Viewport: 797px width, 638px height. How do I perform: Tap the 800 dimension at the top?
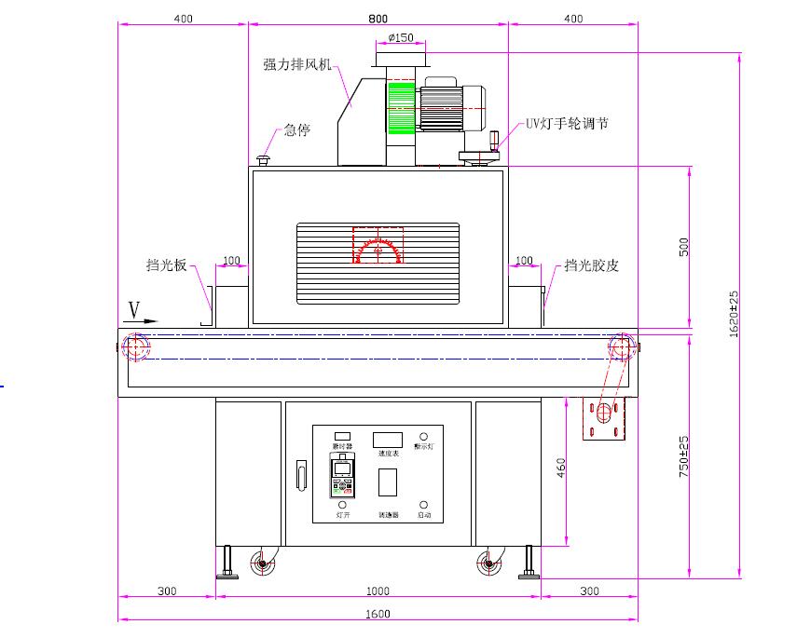tap(378, 18)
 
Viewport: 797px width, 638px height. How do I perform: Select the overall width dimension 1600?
tap(378, 614)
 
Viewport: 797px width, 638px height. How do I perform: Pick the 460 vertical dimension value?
tap(560, 468)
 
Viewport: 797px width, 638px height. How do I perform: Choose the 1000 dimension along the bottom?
tap(378, 591)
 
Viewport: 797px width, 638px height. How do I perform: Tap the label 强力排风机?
tap(296, 64)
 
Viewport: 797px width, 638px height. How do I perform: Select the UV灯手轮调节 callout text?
tap(567, 123)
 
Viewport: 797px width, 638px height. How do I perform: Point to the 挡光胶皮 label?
tap(591, 265)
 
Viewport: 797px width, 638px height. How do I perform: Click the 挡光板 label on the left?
tap(166, 265)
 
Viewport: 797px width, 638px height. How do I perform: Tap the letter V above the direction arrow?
tap(133, 308)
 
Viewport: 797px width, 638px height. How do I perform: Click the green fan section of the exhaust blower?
tap(401, 107)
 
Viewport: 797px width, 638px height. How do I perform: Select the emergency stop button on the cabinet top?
tap(263, 162)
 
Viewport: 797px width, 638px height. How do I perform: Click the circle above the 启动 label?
tap(424, 505)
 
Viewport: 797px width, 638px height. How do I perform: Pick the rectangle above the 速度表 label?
tap(387, 440)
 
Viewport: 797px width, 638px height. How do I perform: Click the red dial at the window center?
tap(378, 247)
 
